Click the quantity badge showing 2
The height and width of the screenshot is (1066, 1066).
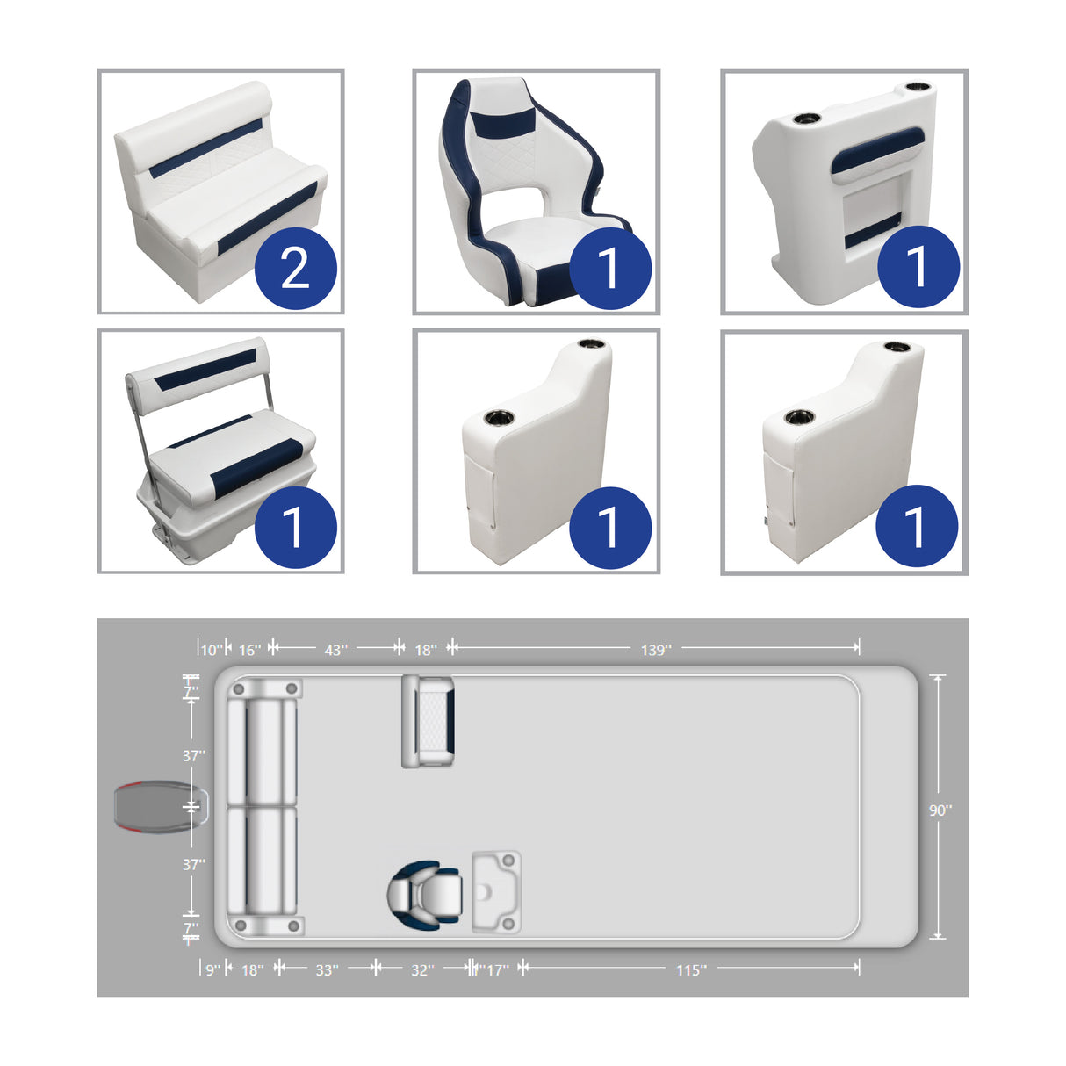pos(296,268)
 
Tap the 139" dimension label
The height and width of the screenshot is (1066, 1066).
pos(655,650)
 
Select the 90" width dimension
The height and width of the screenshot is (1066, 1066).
pos(940,810)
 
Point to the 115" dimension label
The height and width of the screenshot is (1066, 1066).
pos(690,969)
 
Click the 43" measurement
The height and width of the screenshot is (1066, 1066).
pos(335,650)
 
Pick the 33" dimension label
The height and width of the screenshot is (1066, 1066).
pos(326,969)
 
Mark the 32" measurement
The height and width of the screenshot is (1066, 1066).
pos(421,969)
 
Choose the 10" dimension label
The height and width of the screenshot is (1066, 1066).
pos(211,650)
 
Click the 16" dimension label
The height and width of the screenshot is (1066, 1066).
pos(249,650)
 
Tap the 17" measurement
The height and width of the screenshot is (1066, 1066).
pos(497,969)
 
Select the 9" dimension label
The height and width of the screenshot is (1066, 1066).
pos(212,969)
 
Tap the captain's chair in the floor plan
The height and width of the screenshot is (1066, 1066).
pos(425,893)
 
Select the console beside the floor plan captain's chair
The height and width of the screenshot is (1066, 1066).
pos(496,891)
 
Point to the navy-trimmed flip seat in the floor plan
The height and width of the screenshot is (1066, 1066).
pos(429,721)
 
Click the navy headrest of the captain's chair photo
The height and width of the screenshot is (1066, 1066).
pos(505,119)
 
